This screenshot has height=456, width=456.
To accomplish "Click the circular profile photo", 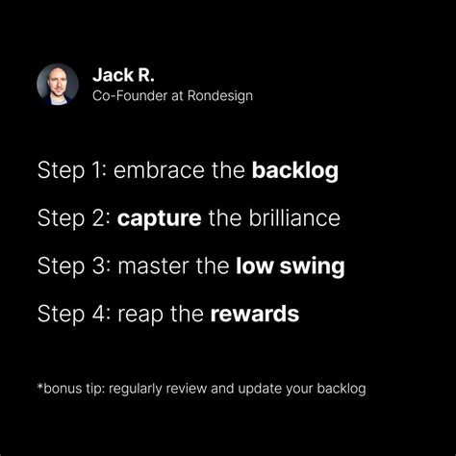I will [57, 85].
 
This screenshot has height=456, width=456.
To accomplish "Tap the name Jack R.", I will [123, 75].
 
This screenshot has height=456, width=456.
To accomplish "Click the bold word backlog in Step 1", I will [294, 171].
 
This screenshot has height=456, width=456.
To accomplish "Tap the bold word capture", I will [159, 218].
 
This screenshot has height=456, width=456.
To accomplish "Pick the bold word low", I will [252, 266].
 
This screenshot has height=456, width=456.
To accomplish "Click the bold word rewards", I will [255, 313].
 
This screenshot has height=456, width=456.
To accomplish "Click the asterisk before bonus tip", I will [40, 388].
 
